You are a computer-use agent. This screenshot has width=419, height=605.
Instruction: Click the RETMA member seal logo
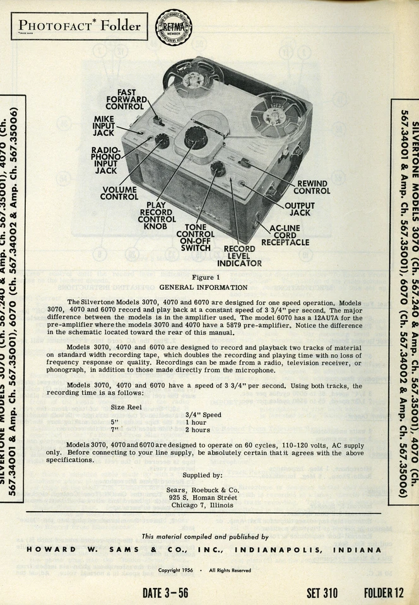174,26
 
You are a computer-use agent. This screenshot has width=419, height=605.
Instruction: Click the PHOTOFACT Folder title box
79,26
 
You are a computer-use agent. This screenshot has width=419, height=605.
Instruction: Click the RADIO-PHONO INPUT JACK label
105,160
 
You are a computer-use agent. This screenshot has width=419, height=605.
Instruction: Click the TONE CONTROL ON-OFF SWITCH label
196,237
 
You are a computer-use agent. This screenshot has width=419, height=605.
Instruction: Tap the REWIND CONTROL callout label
311,187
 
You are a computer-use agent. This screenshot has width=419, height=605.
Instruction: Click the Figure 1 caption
205,277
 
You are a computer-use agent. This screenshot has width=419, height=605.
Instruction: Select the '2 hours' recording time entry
198,430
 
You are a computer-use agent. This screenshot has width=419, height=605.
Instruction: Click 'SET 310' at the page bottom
322,592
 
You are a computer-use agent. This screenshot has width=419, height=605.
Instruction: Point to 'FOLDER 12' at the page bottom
382,592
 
